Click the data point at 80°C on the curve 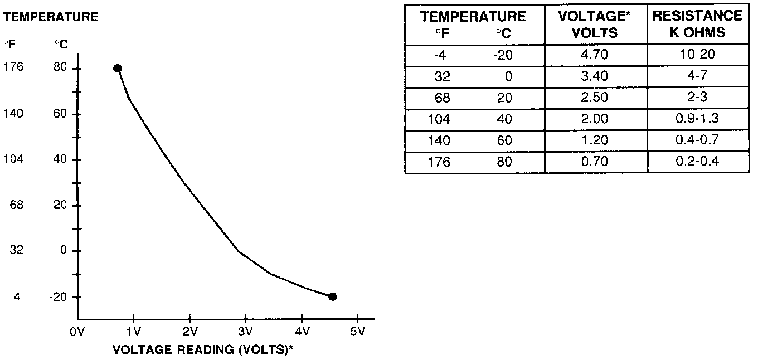coord(118,68)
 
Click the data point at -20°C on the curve coord(332,296)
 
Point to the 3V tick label coord(245,333)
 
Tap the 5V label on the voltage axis coord(357,333)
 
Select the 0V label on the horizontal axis coord(77,333)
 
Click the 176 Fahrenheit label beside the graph coord(13,67)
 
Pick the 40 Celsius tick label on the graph coord(60,159)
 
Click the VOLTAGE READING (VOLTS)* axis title coord(203,350)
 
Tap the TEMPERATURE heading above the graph coord(51,17)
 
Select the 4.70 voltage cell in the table coord(595,55)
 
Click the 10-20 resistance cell coord(697,55)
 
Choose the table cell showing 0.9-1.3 coord(697,119)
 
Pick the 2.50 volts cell coord(595,98)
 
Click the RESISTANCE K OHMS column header coord(697,24)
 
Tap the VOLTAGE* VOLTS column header coord(595,24)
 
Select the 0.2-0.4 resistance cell coord(697,162)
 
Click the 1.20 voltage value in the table coord(595,140)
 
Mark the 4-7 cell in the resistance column coord(697,76)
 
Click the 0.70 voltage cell coord(595,162)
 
